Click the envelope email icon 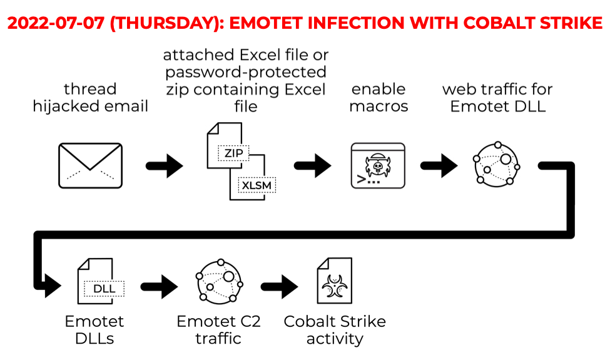coord(90,166)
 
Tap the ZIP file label coord(233,153)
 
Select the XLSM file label coord(257,185)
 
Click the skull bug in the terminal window coord(377,166)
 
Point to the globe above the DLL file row coord(496,164)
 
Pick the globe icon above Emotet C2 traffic coord(219,281)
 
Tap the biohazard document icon coord(335,280)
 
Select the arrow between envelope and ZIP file coord(164,166)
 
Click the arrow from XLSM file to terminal coord(312,166)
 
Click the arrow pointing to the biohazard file coord(279,287)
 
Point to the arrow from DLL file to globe coord(159,287)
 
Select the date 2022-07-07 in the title coord(56,23)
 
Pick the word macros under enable coord(379,106)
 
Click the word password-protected coord(246,73)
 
